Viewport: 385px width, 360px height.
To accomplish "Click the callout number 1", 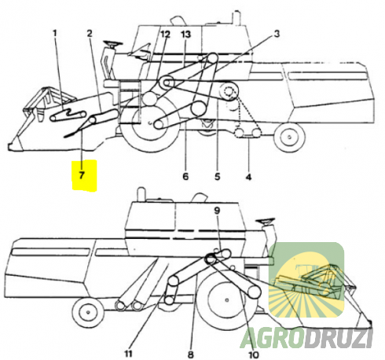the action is [x=55, y=34].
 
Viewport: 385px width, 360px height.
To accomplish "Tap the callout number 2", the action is [x=90, y=34].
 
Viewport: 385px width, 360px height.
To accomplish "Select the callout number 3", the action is [x=277, y=34].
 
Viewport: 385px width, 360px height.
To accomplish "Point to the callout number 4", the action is [x=248, y=177].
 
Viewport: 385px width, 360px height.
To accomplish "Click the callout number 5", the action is [x=218, y=176].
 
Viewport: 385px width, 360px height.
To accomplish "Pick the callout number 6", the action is [x=185, y=176].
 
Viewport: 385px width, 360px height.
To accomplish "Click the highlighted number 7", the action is [x=82, y=175].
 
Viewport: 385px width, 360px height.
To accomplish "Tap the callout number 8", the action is [x=191, y=354].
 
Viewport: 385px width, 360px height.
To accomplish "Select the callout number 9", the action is [x=217, y=211].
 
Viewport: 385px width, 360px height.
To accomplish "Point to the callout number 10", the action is [x=253, y=355].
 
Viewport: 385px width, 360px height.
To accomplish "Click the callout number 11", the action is [x=128, y=354].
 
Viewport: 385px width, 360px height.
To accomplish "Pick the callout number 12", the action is [x=165, y=34].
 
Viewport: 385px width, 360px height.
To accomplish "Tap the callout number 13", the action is [x=185, y=34].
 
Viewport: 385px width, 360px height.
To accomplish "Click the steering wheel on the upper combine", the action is [x=113, y=43].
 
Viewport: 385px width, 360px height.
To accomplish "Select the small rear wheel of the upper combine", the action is [x=289, y=137].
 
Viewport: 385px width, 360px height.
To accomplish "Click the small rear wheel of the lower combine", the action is [x=88, y=312].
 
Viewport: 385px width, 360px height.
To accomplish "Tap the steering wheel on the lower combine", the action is [x=266, y=222].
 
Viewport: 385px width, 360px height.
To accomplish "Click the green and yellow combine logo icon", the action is [x=306, y=280].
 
